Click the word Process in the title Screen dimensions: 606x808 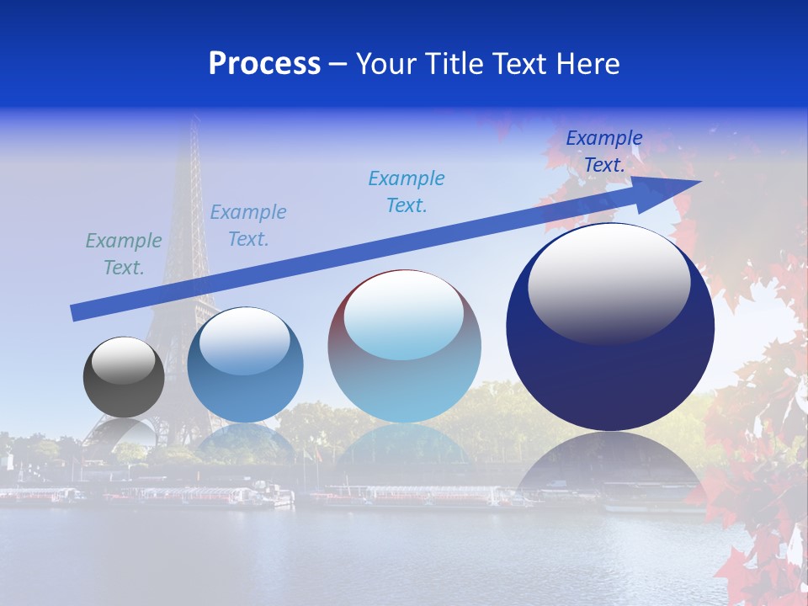(264, 64)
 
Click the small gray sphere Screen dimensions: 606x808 (124, 377)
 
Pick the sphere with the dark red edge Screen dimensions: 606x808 (404, 347)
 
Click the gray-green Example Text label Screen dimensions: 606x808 (124, 254)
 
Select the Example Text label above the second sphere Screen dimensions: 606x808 (248, 226)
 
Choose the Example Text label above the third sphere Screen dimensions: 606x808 (407, 192)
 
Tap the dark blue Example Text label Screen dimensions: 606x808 (604, 151)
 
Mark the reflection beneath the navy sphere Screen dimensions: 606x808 (610, 463)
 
